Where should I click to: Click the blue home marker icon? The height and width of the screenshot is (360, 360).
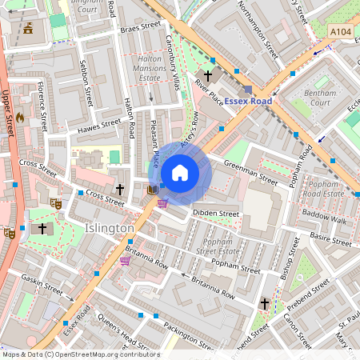(180, 173)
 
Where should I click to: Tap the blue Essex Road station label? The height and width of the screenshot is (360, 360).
(248, 101)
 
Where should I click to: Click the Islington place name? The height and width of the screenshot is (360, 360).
(109, 229)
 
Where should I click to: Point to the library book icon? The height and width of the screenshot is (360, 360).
(152, 190)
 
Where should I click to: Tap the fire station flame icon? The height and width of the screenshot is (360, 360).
(31, 117)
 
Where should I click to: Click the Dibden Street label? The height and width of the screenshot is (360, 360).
(217, 214)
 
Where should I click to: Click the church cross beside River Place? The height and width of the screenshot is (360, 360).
(214, 62)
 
